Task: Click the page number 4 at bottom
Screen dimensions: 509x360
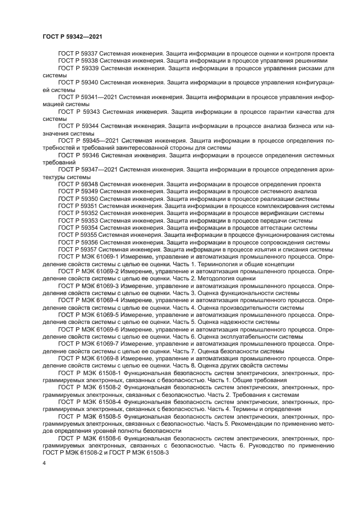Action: point(44,463)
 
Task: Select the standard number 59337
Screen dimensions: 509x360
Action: point(88,53)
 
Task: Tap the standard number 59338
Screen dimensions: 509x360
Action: point(88,61)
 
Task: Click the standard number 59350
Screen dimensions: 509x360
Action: point(88,199)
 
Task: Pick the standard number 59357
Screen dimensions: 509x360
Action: point(88,249)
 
